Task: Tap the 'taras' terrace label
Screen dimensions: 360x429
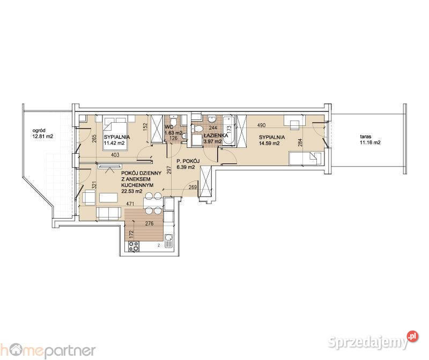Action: [367, 136]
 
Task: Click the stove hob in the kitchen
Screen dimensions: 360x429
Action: [132, 246]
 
